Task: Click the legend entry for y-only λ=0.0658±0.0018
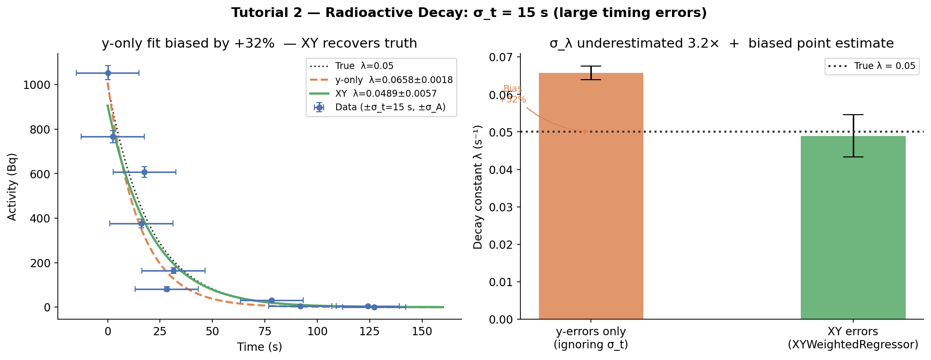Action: click(394, 80)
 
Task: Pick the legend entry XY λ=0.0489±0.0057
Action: click(386, 93)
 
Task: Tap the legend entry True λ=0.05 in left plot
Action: click(364, 66)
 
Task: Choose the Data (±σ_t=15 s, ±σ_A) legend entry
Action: click(390, 107)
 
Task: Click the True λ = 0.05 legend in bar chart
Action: click(884, 66)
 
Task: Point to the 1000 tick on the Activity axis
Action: click(36, 85)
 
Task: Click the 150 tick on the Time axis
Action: click(422, 332)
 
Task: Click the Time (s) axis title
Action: click(259, 347)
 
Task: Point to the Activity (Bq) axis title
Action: click(12, 187)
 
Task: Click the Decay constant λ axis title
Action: click(478, 187)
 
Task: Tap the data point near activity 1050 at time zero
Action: click(108, 73)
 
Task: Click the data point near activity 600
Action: click(144, 172)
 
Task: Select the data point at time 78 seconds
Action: click(272, 301)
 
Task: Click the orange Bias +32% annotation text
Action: click(513, 94)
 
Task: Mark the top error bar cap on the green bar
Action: click(853, 115)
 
